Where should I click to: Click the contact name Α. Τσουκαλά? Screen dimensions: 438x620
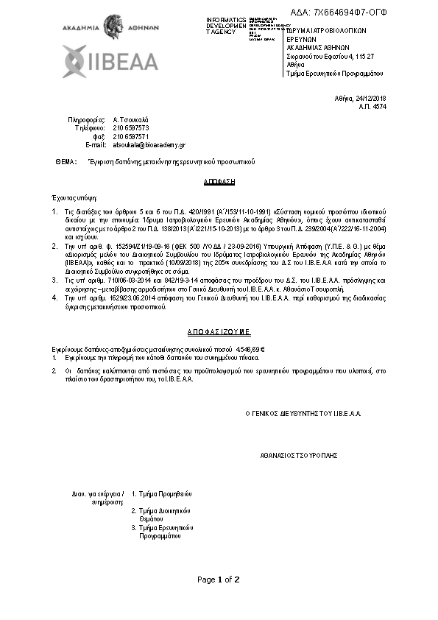[131, 119]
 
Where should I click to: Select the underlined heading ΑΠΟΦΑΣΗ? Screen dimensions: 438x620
[219, 180]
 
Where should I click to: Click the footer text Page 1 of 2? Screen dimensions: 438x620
[219, 580]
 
